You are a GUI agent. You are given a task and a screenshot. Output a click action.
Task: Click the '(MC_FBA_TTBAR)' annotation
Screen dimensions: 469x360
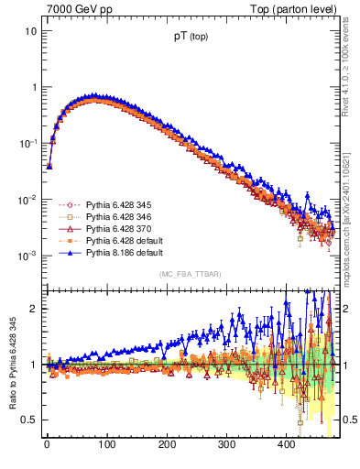pyautogui.click(x=191, y=275)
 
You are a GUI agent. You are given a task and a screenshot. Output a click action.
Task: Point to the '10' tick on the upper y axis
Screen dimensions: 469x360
pyautogui.click(x=30, y=30)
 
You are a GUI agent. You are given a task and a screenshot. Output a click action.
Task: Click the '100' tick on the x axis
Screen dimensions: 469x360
pyautogui.click(x=106, y=445)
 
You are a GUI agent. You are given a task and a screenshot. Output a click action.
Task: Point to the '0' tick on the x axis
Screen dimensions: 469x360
pyautogui.click(x=47, y=445)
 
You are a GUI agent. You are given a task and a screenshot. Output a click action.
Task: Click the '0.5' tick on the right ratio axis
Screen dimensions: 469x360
pyautogui.click(x=347, y=420)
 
